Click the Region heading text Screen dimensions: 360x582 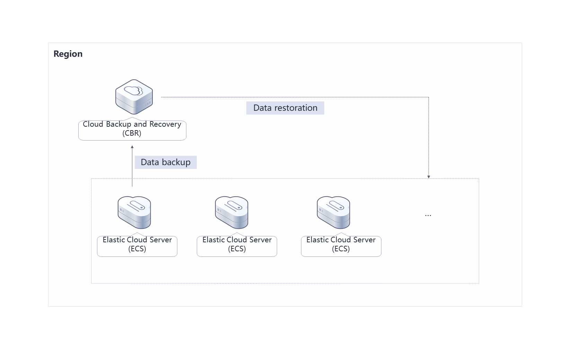68,54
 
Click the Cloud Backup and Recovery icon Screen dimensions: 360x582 134,97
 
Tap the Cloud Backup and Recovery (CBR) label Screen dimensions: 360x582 132,129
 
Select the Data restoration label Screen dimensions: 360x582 285,108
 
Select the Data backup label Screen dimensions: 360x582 166,162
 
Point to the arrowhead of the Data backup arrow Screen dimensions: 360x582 132,147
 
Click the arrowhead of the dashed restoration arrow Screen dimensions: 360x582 429,177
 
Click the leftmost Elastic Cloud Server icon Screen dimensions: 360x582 134,213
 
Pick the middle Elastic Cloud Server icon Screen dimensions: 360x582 231,213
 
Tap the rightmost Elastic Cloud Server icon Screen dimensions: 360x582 333,213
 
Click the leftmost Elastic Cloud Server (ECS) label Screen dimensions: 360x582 137,244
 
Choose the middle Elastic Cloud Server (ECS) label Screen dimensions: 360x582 237,244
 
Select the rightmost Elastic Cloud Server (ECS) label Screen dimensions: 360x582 341,244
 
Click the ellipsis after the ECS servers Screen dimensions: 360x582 428,215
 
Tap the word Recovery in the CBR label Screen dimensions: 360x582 165,124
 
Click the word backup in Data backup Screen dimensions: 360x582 176,162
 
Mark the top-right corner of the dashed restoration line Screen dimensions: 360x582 429,97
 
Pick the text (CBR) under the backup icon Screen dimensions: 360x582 132,133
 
